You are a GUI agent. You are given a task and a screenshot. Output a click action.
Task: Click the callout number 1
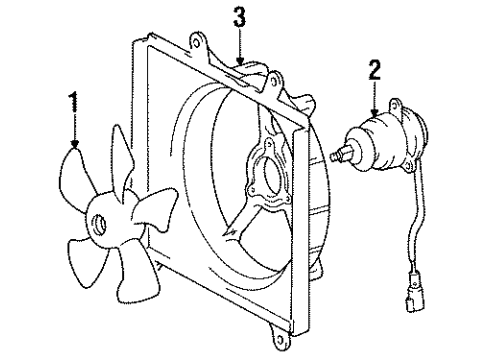pyautogui.click(x=73, y=101)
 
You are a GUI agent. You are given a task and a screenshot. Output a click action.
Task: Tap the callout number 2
pyautogui.click(x=374, y=69)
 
